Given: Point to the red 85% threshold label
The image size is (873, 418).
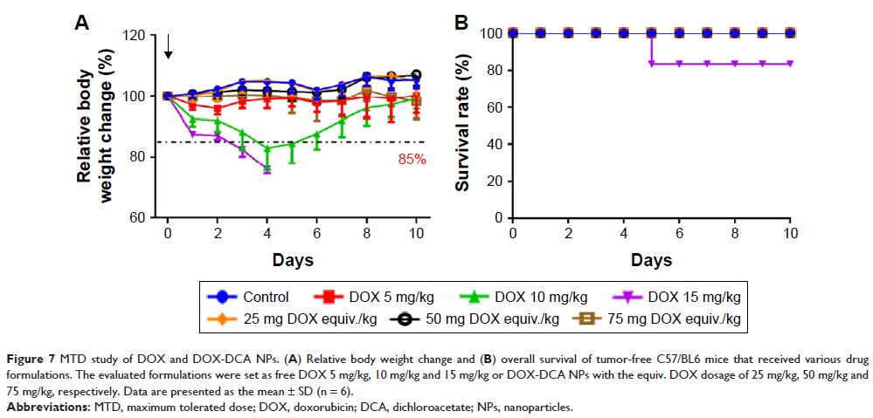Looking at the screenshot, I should click(x=410, y=161).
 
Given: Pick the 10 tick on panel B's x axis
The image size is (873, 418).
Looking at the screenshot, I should click(x=791, y=234).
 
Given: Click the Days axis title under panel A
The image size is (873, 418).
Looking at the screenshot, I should click(x=291, y=260).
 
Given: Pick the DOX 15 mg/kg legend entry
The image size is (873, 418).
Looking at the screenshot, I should click(x=693, y=297).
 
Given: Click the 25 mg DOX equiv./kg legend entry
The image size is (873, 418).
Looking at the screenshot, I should click(x=292, y=319).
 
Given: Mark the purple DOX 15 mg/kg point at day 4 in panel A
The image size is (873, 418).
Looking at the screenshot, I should click(x=267, y=168).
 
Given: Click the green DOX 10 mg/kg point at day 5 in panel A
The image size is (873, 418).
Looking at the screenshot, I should click(x=292, y=145).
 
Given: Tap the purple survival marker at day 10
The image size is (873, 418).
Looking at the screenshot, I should click(x=791, y=64).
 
